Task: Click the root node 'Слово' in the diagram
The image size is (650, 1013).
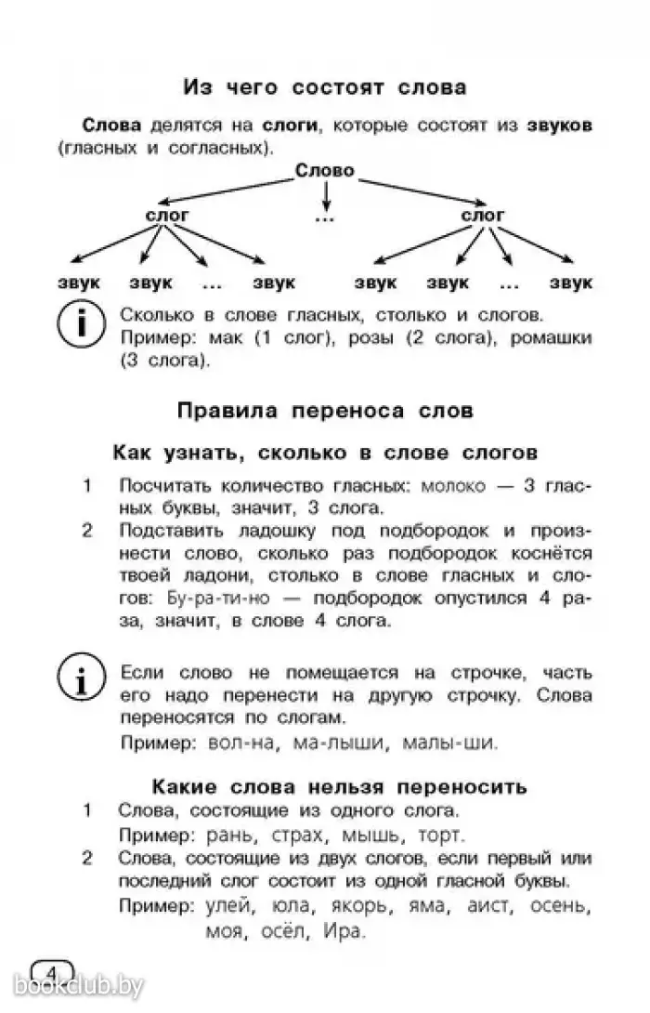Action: pos(325,170)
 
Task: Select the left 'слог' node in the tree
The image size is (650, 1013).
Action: pos(168,215)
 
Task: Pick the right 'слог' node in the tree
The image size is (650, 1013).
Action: pos(483,215)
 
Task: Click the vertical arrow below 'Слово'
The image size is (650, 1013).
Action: pos(325,194)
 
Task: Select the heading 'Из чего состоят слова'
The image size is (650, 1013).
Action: pos(324,88)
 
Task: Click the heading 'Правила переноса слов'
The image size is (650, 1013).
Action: pos(324,410)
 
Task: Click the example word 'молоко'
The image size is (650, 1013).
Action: pos(455,486)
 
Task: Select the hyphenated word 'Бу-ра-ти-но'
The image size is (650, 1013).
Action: pos(215,597)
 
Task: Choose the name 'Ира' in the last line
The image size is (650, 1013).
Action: pos(344,929)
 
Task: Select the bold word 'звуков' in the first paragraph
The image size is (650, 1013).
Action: pos(558,125)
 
